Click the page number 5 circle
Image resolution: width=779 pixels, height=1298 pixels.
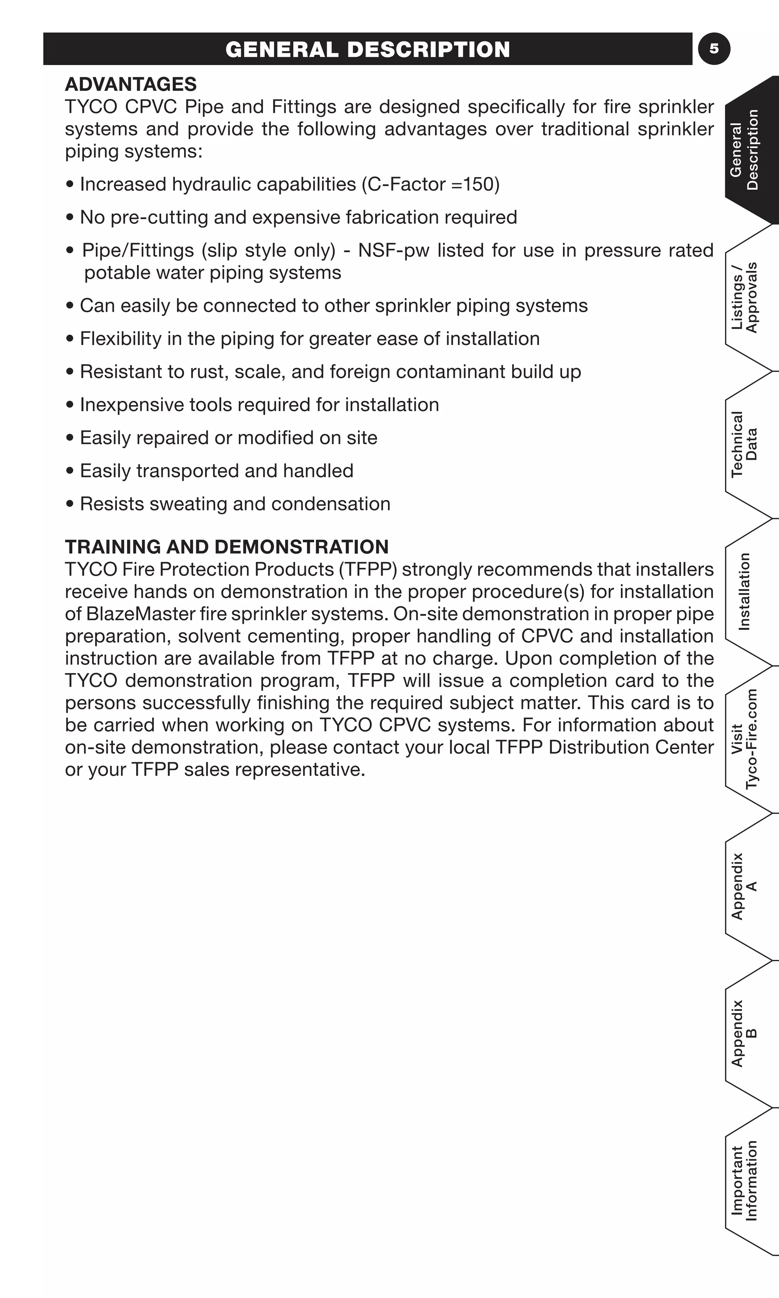[x=714, y=49]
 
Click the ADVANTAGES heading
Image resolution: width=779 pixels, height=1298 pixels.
[x=131, y=84]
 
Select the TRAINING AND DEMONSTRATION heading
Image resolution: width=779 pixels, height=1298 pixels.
[x=226, y=547]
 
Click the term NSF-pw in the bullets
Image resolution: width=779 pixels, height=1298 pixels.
[x=393, y=250]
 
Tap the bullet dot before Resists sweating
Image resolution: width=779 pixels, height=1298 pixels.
[x=70, y=504]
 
